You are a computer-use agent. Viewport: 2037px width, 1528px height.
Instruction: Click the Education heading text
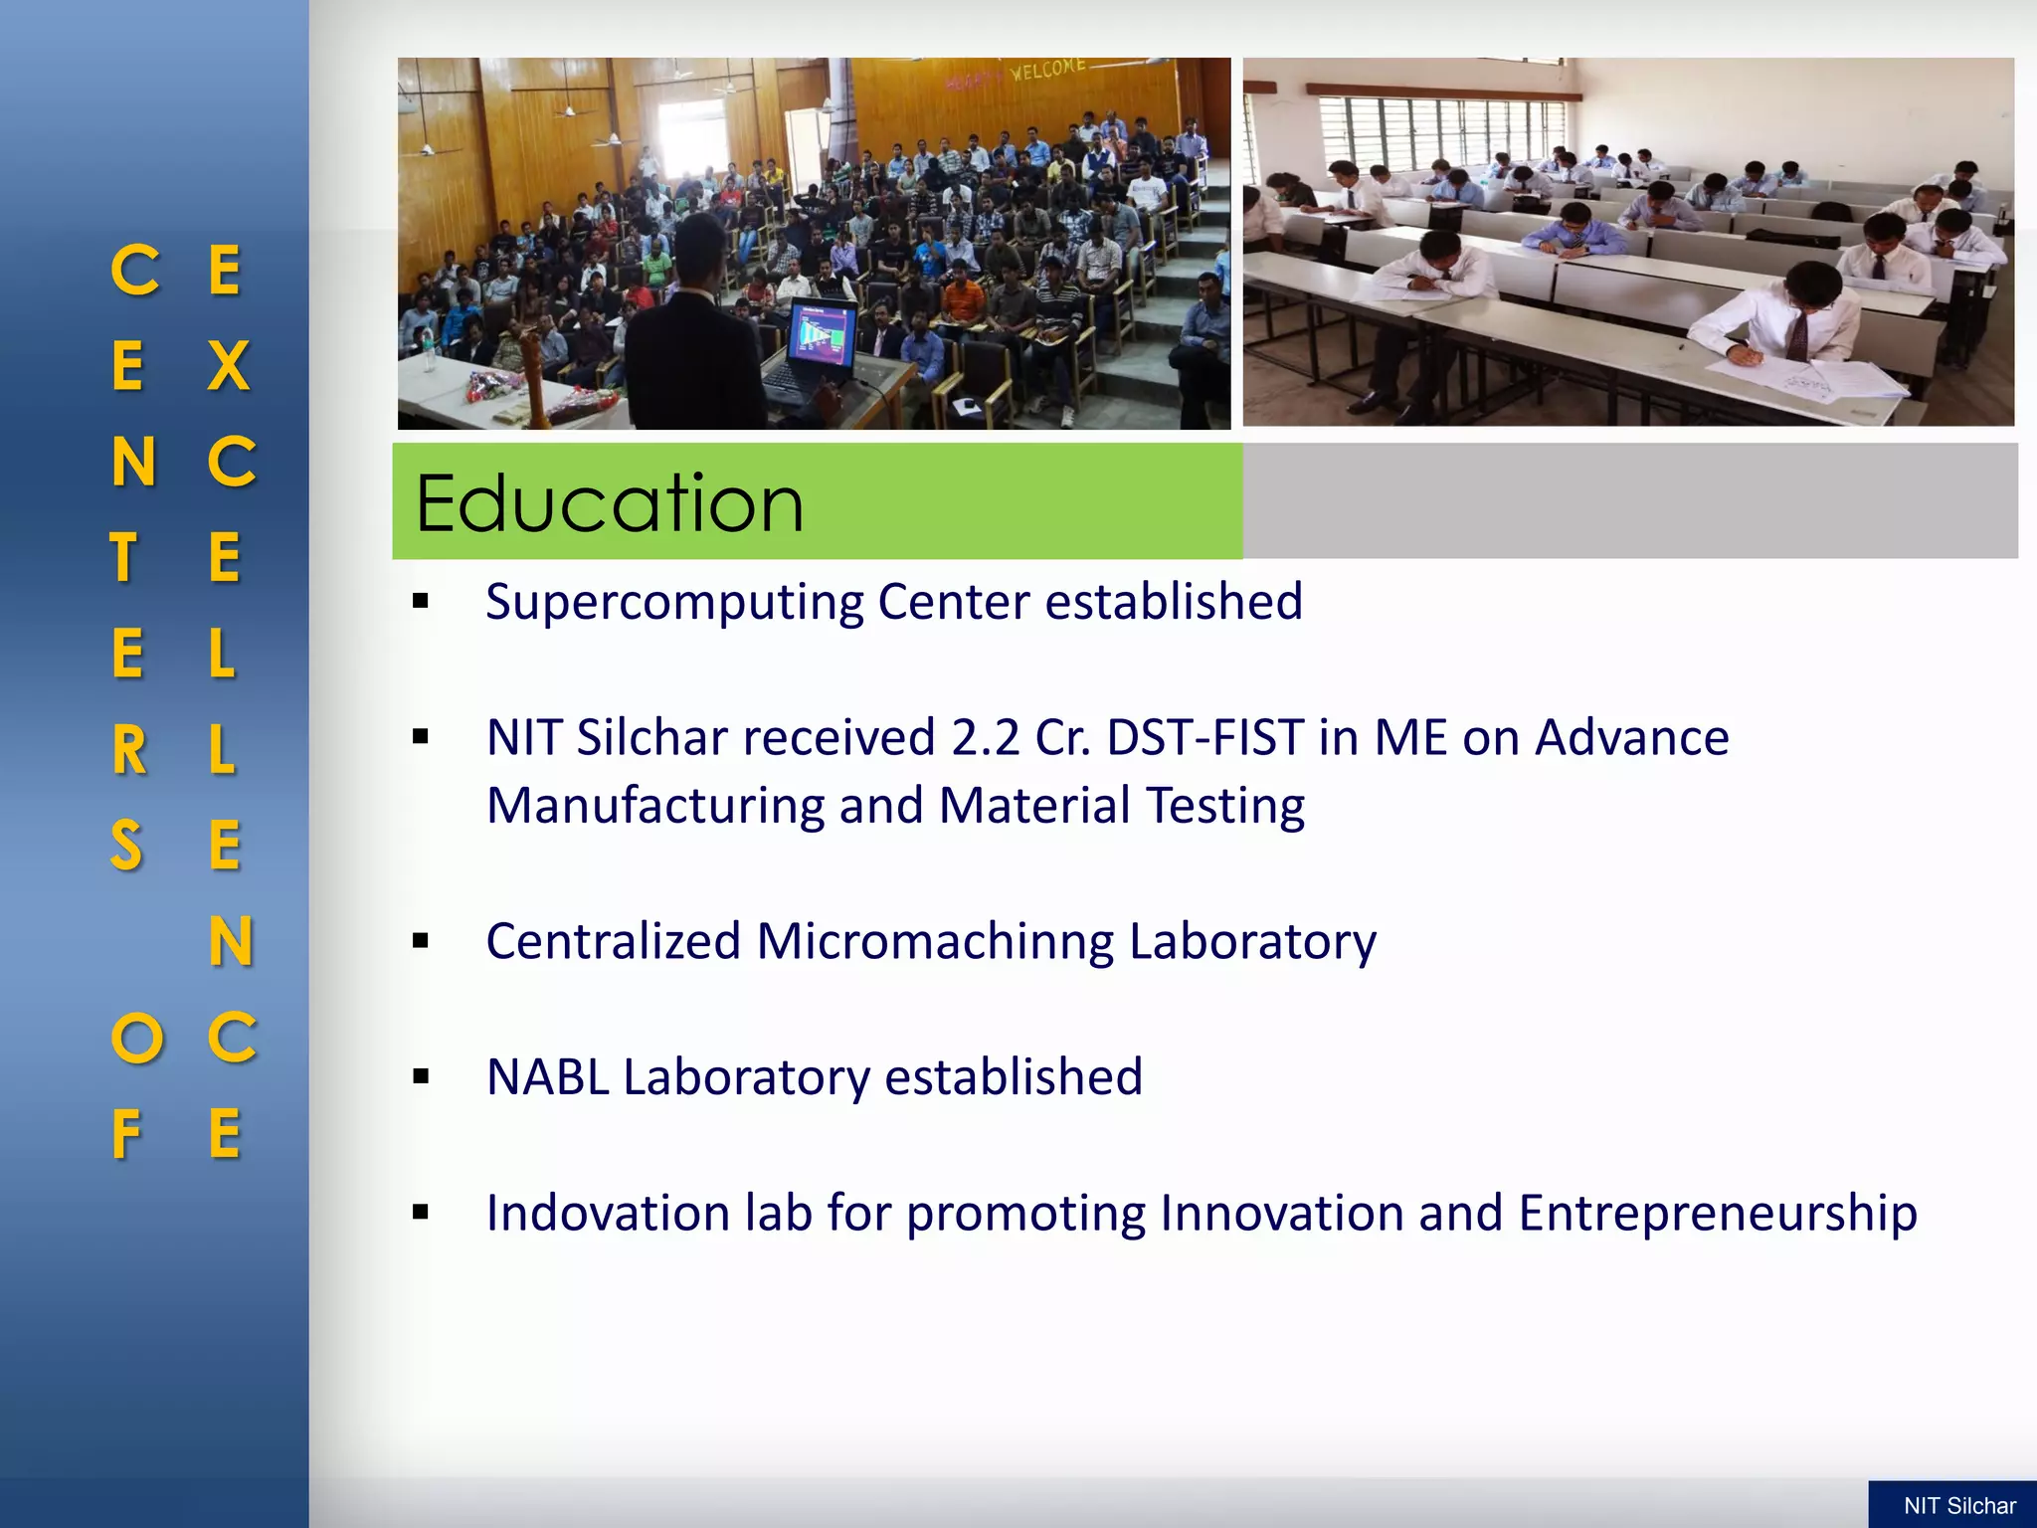click(x=609, y=503)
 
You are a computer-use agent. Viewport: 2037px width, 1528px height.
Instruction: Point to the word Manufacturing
click(x=654, y=806)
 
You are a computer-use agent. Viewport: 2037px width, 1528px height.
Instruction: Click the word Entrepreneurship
click(x=1718, y=1214)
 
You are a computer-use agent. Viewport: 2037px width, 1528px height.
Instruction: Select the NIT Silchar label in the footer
click(x=1958, y=1506)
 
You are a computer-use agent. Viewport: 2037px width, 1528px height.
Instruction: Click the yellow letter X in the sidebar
click(x=228, y=366)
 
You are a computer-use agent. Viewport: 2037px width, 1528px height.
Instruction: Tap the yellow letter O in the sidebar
click(x=136, y=1039)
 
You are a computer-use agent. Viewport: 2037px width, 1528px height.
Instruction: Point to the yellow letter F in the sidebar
click(x=126, y=1135)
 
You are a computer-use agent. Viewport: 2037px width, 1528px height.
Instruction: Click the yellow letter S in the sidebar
click(x=126, y=847)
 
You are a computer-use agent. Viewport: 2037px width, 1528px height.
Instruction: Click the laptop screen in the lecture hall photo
click(x=822, y=334)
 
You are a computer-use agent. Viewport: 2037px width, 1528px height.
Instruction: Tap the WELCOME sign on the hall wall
click(x=1046, y=70)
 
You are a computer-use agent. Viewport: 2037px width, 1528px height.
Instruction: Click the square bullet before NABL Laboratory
click(x=421, y=1076)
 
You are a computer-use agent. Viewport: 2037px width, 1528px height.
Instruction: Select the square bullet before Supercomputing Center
click(x=421, y=601)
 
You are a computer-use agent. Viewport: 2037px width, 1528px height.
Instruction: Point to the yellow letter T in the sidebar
click(x=123, y=558)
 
